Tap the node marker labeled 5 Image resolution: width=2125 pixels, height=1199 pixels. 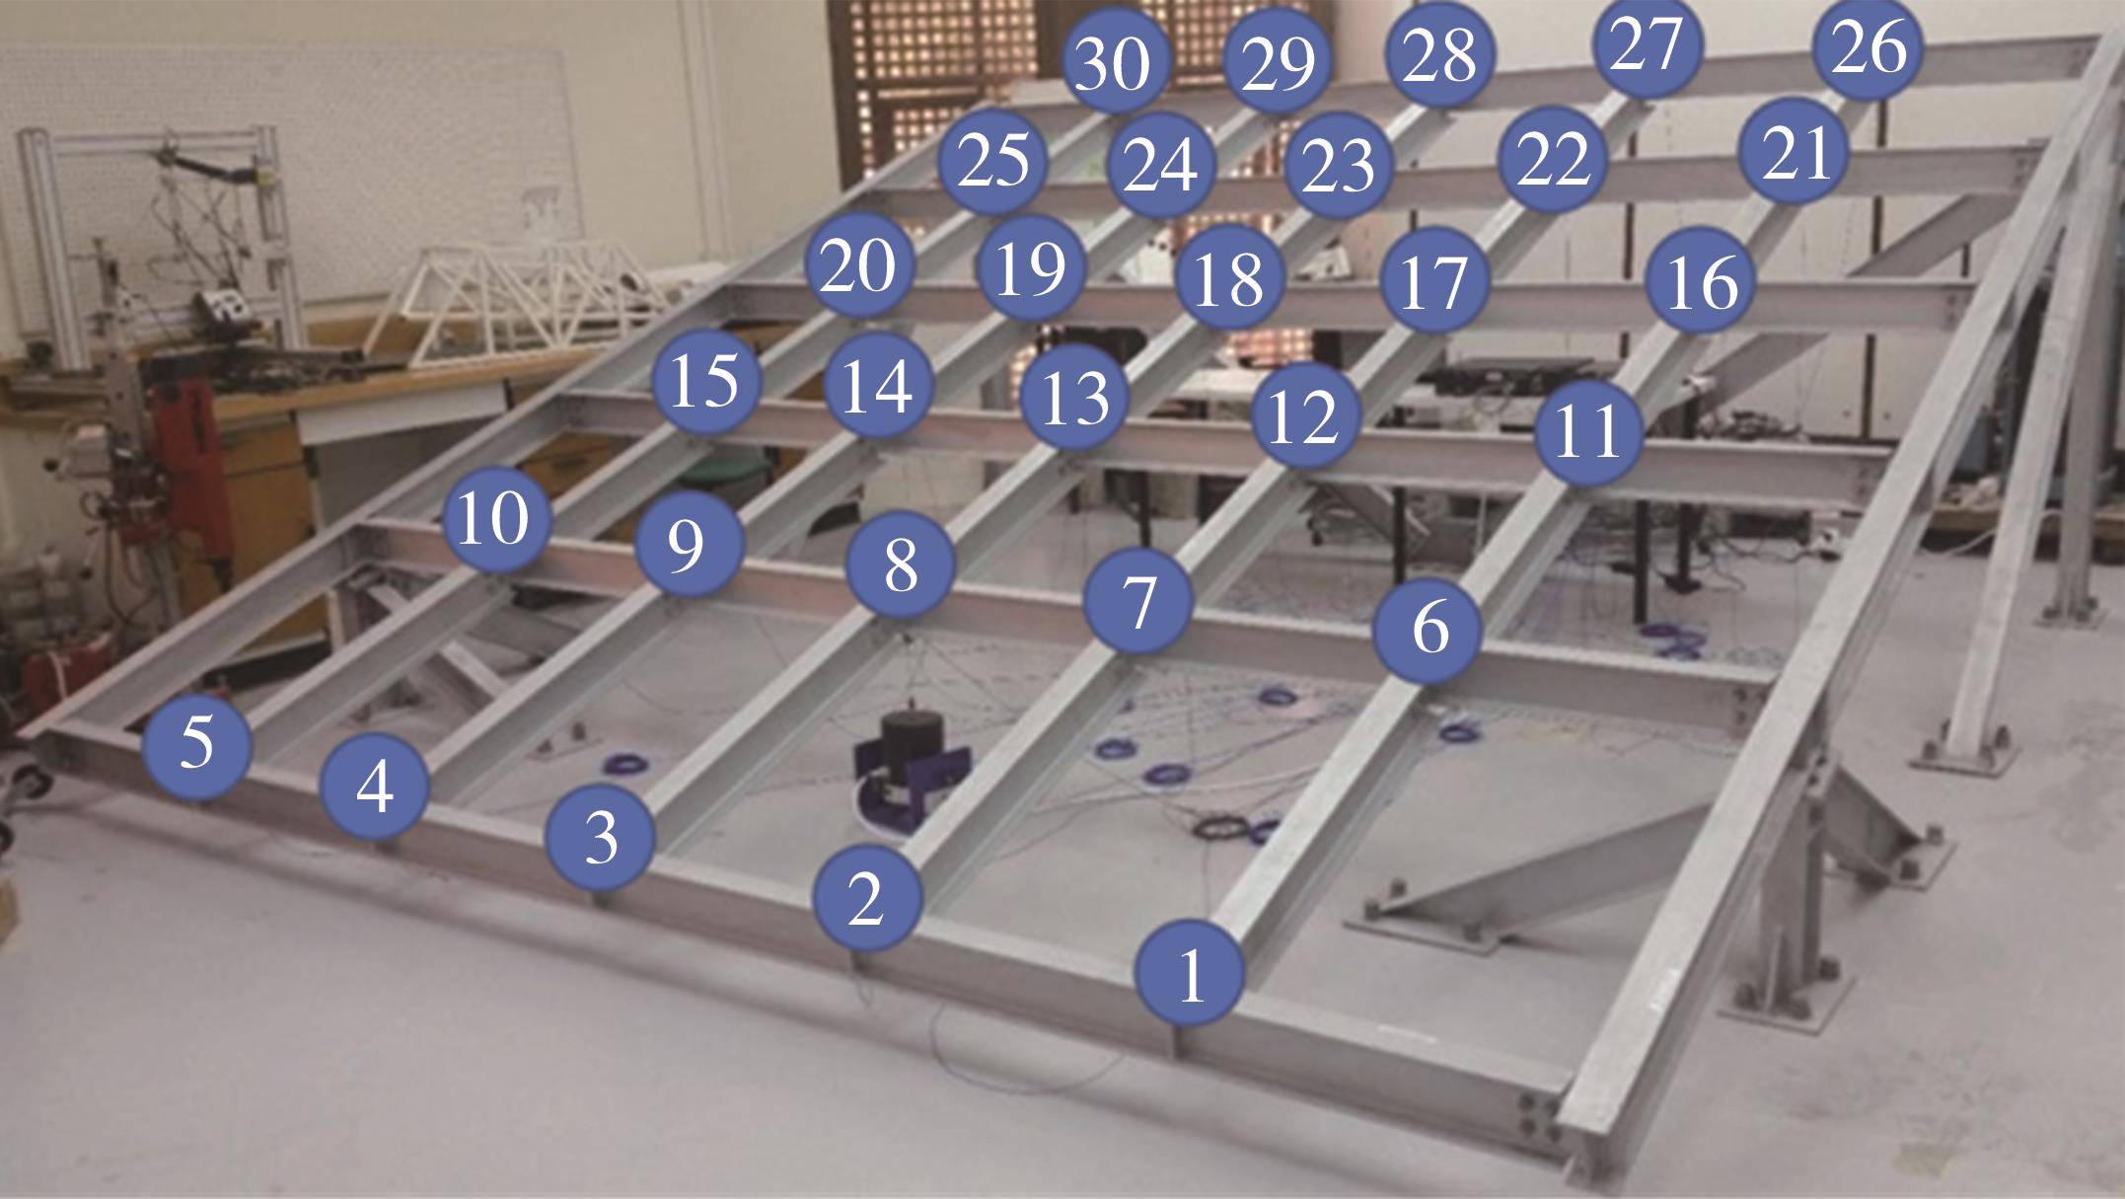click(x=196, y=743)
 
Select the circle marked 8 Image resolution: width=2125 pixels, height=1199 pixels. click(x=901, y=565)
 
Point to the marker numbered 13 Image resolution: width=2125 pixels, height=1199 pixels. click(x=1073, y=399)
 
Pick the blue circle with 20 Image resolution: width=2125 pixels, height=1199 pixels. click(x=858, y=264)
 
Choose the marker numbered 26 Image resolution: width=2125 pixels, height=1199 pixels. click(x=1869, y=45)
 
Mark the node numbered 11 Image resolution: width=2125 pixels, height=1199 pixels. click(x=1588, y=430)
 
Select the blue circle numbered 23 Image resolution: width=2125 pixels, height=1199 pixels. click(x=1339, y=165)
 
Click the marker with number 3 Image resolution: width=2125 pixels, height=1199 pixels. click(x=600, y=838)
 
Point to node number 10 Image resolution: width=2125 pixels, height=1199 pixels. click(x=494, y=518)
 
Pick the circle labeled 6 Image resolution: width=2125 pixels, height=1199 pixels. click(x=1429, y=629)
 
